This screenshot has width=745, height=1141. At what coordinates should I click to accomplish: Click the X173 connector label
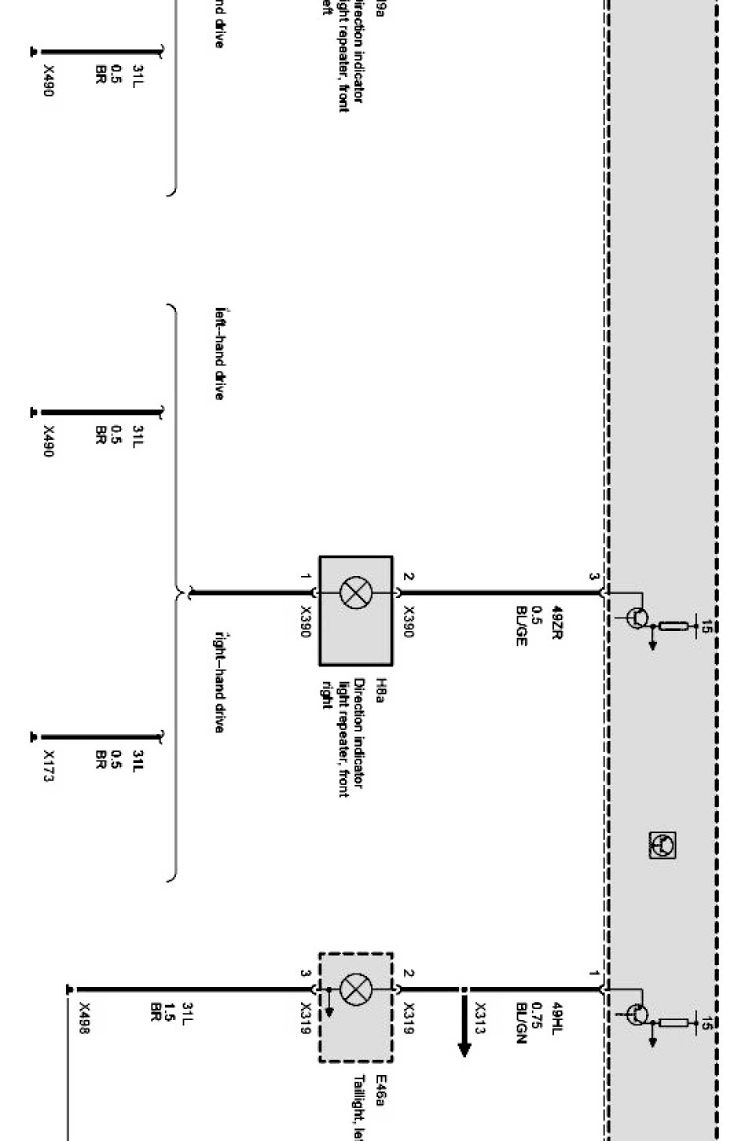click(x=49, y=766)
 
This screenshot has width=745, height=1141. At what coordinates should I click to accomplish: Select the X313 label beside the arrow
click(x=480, y=1018)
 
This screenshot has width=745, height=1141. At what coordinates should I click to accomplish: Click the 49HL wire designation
click(x=556, y=1017)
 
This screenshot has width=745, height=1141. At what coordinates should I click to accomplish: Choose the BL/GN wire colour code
click(x=521, y=1021)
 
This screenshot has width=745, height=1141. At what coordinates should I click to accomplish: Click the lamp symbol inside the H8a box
click(x=355, y=592)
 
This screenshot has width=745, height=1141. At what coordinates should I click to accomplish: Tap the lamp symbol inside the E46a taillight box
click(x=355, y=988)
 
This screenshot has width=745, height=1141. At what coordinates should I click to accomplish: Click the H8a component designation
click(x=380, y=689)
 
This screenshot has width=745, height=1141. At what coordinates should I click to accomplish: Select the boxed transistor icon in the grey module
click(x=662, y=846)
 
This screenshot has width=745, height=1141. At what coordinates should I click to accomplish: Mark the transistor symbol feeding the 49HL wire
click(x=638, y=1014)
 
